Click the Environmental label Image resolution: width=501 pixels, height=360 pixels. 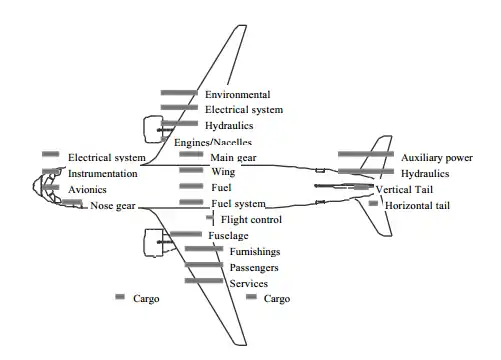(x=238, y=95)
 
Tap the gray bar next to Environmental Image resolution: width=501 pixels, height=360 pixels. (x=179, y=93)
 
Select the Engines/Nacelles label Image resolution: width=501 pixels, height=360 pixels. (x=213, y=143)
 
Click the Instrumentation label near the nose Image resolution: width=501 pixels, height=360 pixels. (x=103, y=174)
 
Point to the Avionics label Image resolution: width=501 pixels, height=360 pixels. (x=87, y=190)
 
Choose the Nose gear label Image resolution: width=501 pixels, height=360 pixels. (x=113, y=206)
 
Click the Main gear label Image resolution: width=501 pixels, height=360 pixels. (x=233, y=158)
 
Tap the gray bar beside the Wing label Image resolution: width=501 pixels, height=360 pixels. (x=191, y=170)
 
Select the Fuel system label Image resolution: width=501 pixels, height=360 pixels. (x=239, y=204)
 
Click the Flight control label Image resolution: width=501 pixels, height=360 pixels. (x=251, y=220)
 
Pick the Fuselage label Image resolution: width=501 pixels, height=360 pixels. (x=228, y=236)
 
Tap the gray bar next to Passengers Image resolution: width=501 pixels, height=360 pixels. (x=204, y=265)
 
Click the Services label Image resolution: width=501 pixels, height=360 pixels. (x=249, y=284)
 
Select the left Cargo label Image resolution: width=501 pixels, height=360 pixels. (x=146, y=299)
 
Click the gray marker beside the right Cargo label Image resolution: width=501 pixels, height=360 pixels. (x=251, y=297)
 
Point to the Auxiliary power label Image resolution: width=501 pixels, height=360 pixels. (x=437, y=158)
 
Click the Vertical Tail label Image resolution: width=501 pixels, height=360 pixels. (x=404, y=190)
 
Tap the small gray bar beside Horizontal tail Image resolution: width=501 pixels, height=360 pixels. (x=373, y=203)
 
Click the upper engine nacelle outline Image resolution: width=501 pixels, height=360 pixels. (x=144, y=130)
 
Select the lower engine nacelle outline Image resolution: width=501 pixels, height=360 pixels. (x=144, y=243)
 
